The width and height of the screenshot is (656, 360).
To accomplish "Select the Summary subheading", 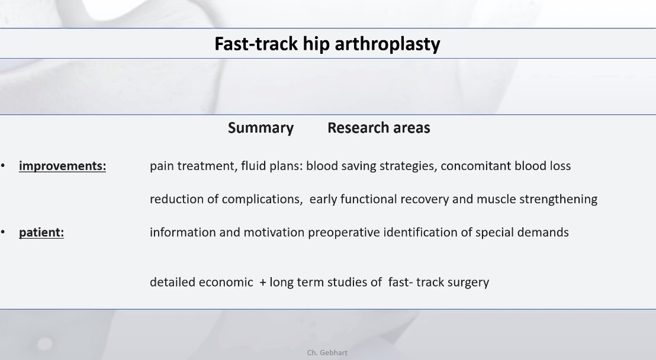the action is tap(261, 128).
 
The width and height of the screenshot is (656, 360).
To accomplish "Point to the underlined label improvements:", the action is tap(62, 166).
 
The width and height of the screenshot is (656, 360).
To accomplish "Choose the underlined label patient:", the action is tap(41, 233).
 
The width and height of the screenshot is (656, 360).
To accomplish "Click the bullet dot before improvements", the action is tap(3, 166).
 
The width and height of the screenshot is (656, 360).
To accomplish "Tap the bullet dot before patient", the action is tap(3, 233).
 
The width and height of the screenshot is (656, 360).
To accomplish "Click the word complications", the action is tap(262, 200).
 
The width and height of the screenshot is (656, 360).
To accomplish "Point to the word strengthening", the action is tap(558, 200).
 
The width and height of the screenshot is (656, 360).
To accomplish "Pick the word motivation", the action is tap(274, 232).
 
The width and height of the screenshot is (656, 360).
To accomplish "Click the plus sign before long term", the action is tap(263, 282).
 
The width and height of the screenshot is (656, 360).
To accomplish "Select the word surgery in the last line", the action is tap(468, 283).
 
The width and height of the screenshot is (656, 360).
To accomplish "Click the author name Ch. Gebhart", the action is tap(327, 353).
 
